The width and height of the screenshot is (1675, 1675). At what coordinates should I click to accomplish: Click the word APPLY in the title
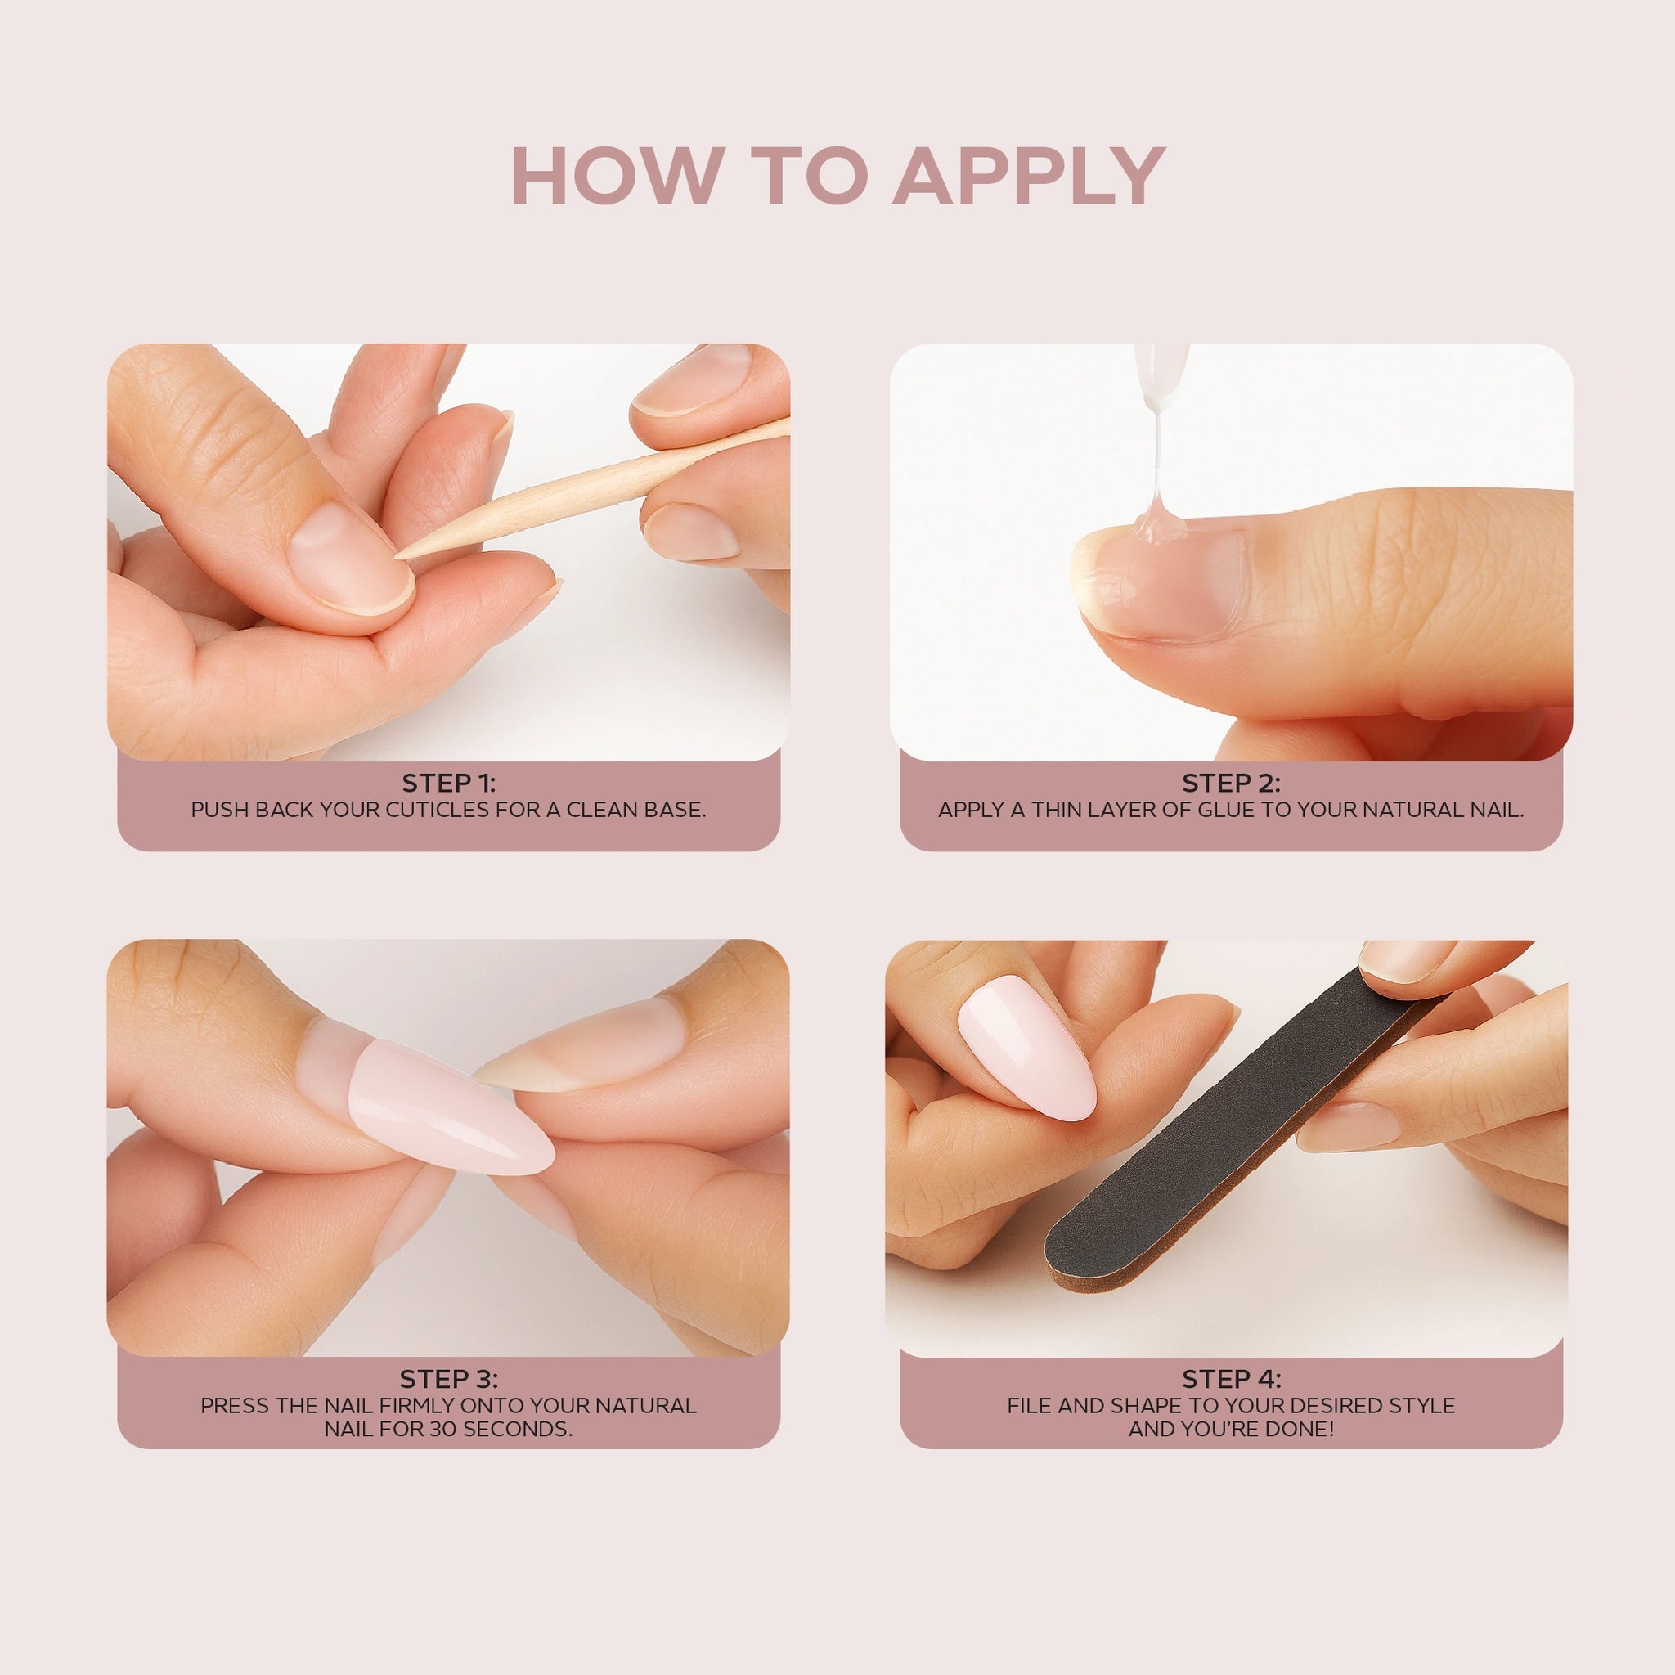pyautogui.click(x=1028, y=176)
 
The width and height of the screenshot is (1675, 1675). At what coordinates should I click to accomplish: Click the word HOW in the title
pyautogui.click(x=617, y=176)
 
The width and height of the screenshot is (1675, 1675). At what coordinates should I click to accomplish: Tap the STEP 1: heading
pyautogui.click(x=448, y=783)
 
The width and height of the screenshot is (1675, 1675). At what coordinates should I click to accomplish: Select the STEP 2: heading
pyautogui.click(x=1231, y=783)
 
